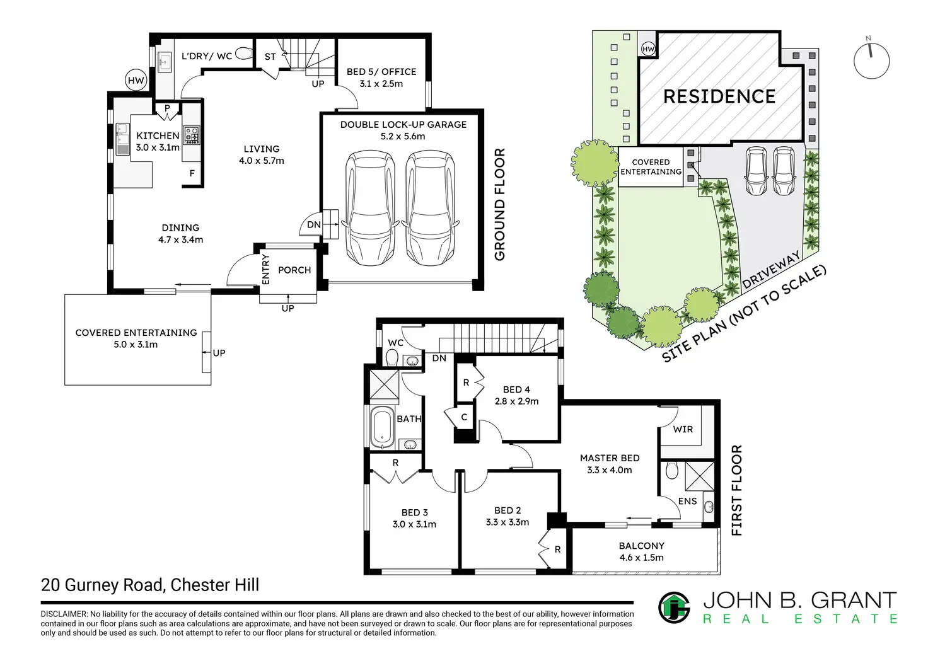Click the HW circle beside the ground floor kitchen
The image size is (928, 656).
point(136,80)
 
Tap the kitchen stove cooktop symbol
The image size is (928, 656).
point(192,135)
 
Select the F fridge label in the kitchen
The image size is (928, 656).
point(192,173)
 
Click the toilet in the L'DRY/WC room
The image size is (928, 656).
point(243,54)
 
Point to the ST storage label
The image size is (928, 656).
point(270,57)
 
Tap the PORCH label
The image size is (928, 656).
point(294,270)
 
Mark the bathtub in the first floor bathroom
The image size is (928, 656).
point(381,427)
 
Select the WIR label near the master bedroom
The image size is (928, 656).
point(683,429)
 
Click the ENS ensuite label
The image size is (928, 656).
point(687,501)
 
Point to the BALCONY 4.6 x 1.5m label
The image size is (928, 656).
point(641,551)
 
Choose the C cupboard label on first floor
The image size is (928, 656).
point(465,417)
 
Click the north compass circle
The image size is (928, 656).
point(871,61)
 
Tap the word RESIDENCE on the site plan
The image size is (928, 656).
point(719,96)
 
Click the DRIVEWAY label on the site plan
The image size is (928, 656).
point(772,270)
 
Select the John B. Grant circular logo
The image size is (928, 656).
point(674,607)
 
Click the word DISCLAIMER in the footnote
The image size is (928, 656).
point(64,614)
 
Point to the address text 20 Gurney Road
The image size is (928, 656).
point(101,585)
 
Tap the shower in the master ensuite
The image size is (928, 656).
point(699,476)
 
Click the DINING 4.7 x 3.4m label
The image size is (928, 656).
point(181,234)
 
